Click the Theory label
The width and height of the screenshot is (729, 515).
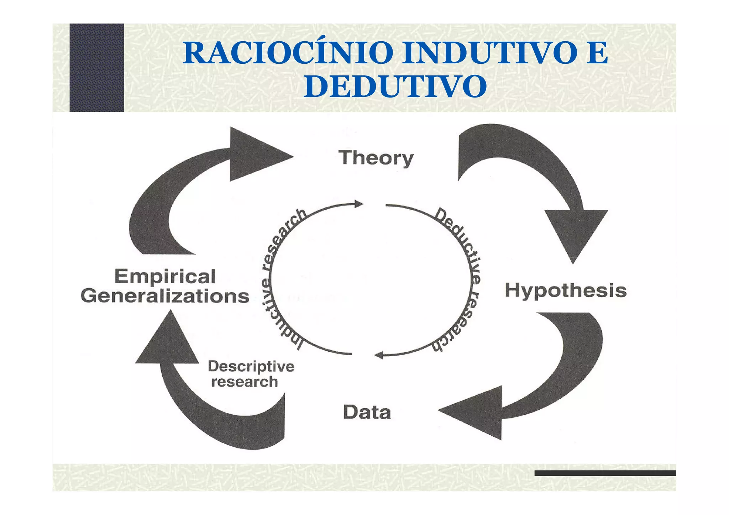pyautogui.click(x=376, y=158)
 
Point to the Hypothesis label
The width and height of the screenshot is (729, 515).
pyautogui.click(x=566, y=290)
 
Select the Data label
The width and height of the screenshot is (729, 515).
pyautogui.click(x=367, y=412)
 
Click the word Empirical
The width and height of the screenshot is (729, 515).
pyautogui.click(x=165, y=277)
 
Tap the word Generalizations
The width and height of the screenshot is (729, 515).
pyautogui.click(x=165, y=296)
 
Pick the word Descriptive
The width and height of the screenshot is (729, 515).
pyautogui.click(x=251, y=366)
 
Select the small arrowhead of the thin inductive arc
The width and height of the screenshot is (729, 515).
pyautogui.click(x=359, y=204)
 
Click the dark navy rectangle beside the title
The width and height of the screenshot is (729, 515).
pyautogui.click(x=96, y=68)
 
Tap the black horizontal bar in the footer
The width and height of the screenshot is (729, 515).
pyautogui.click(x=605, y=473)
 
